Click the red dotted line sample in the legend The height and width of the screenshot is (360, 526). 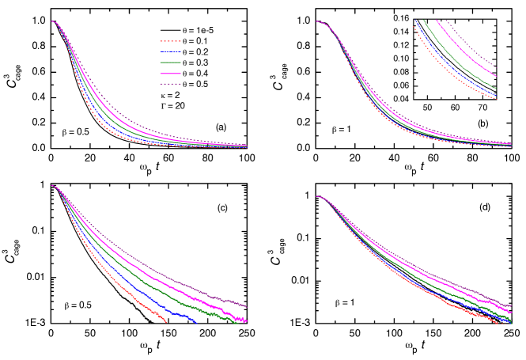tap(170, 41)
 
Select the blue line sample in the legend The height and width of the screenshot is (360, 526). tap(170, 51)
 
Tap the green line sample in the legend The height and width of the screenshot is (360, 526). tap(170, 62)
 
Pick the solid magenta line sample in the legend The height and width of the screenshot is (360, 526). tap(170, 73)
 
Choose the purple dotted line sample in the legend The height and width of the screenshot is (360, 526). tap(170, 83)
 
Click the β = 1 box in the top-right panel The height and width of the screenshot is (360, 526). tap(341, 128)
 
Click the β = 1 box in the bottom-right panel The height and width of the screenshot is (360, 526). tap(344, 301)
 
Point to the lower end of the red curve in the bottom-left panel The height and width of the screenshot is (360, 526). tap(166, 322)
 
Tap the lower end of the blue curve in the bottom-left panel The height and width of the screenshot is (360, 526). tap(196, 321)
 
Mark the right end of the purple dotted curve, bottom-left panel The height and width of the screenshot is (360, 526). tap(247, 307)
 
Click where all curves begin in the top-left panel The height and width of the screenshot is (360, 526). tap(53, 21)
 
